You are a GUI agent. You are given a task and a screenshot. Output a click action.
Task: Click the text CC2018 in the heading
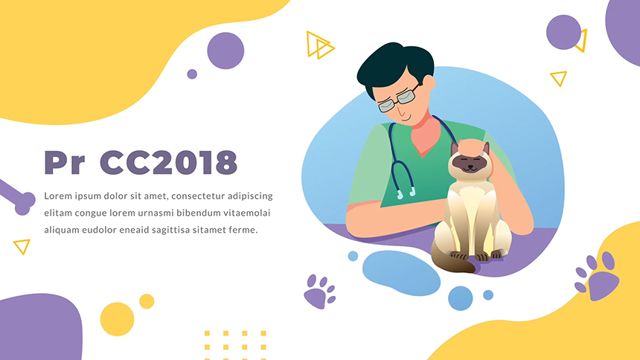(168, 162)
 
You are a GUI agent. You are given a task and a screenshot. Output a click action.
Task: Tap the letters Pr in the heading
(64, 162)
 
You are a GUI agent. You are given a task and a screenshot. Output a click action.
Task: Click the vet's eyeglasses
(397, 99)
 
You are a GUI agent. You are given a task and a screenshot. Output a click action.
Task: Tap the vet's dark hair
(394, 65)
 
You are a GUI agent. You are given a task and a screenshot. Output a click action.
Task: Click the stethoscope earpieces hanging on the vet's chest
(406, 193)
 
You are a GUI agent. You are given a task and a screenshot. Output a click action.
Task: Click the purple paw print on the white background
(319, 292)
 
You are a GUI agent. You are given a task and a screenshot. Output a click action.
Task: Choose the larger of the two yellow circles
(117, 319)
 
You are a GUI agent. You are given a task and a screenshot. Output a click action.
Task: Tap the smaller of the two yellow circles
(147, 301)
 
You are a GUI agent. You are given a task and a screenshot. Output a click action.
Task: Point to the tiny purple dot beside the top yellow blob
(192, 74)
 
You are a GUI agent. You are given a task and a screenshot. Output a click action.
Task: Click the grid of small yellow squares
(235, 345)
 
